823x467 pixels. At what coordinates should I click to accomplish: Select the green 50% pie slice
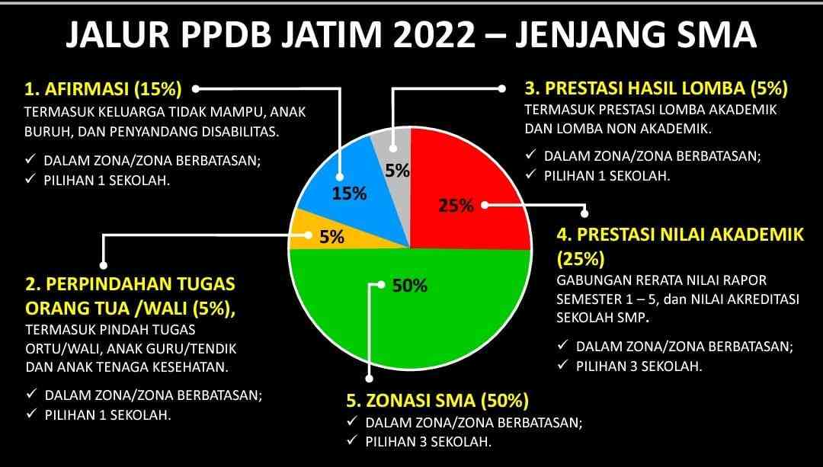[x=409, y=309]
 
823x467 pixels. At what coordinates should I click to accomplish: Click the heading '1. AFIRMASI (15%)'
[x=103, y=88]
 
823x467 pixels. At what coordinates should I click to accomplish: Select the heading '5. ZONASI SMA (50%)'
[x=437, y=401]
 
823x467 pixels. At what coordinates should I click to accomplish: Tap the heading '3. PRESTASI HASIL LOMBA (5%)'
[x=656, y=88]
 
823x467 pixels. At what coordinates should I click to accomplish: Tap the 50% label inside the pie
[x=410, y=286]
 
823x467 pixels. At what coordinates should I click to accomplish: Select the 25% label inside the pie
[x=456, y=206]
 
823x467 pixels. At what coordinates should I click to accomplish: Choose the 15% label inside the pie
[x=349, y=194]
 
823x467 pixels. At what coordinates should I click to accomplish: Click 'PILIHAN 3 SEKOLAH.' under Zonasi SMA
[x=428, y=441]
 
